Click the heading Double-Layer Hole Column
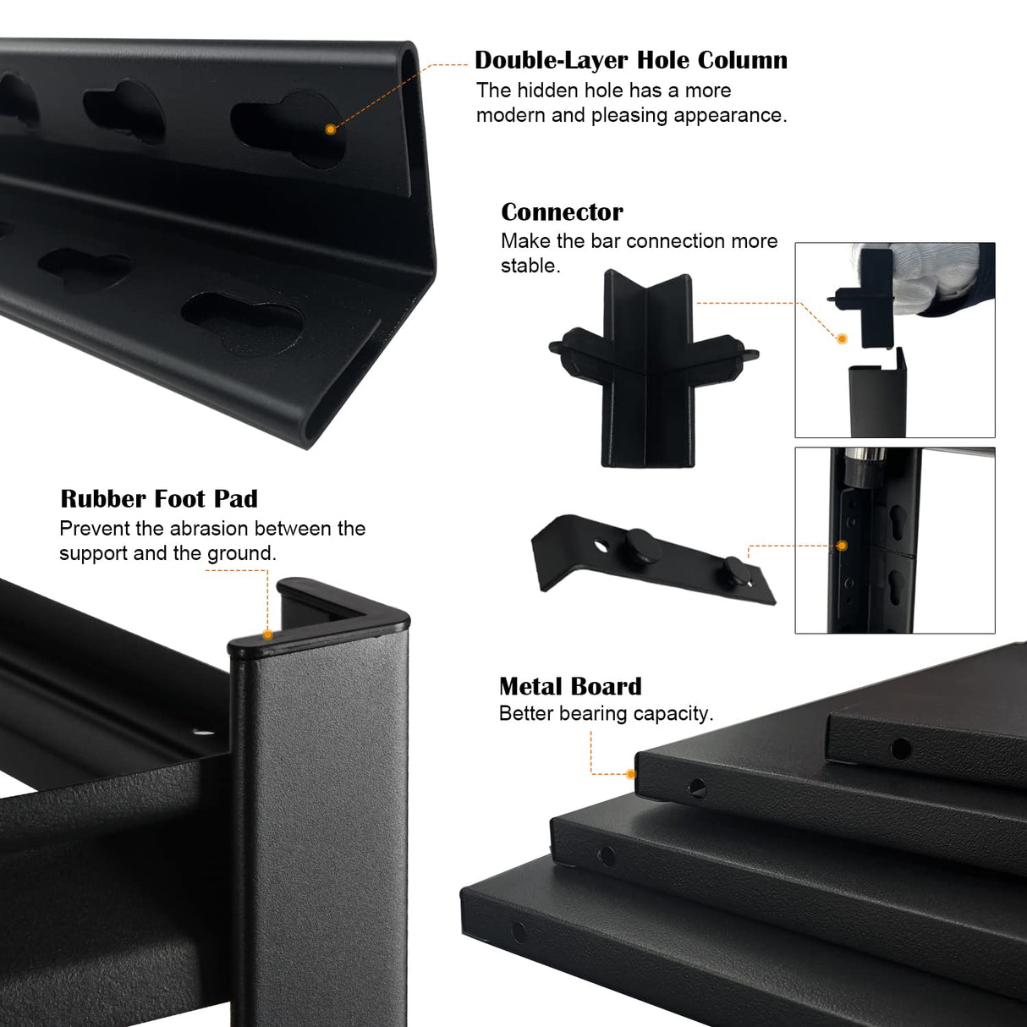point(631,60)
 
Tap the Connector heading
point(562,212)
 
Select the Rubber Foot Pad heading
point(159,499)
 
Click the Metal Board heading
point(570,686)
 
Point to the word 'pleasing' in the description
point(629,116)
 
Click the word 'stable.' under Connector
point(530,266)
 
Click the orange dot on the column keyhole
point(331,129)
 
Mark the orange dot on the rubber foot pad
point(268,634)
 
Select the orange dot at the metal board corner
point(631,774)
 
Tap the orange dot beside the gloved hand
point(842,338)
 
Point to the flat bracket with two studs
point(653,559)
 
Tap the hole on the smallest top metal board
point(901,749)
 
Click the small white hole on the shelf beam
point(200,733)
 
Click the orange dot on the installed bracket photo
point(842,545)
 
